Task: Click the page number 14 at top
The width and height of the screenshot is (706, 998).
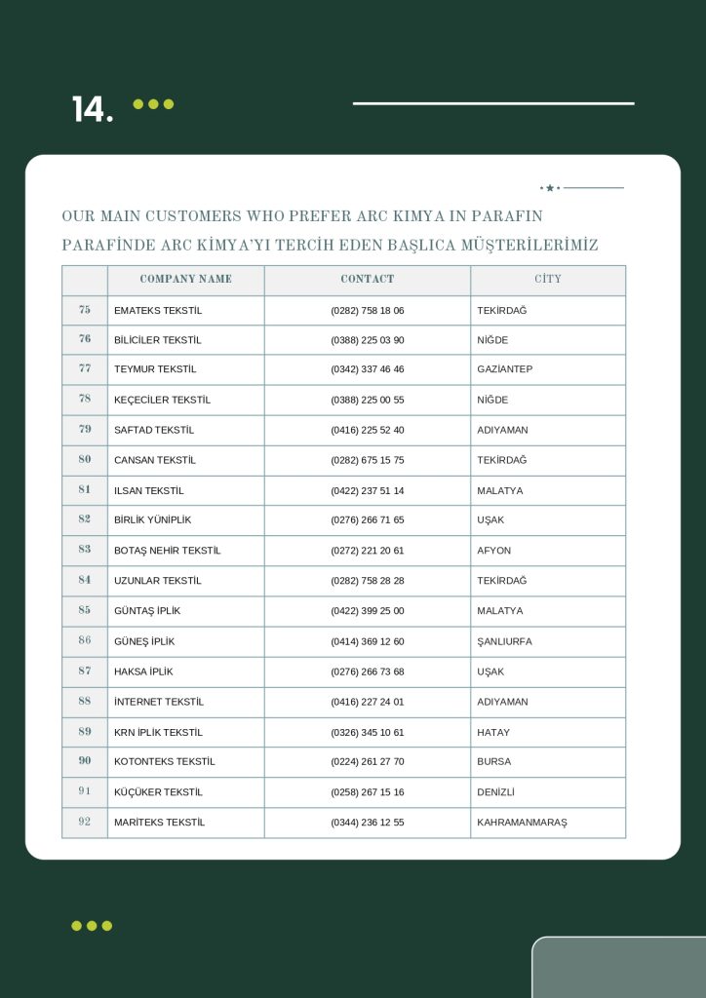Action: pyautogui.click(x=92, y=109)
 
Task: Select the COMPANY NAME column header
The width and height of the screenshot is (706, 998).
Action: pyautogui.click(x=185, y=280)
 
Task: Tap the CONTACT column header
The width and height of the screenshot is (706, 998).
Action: pyautogui.click(x=367, y=280)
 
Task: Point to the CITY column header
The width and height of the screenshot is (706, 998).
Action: pyautogui.click(x=547, y=280)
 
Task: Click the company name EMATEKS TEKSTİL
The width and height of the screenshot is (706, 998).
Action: pyautogui.click(x=158, y=310)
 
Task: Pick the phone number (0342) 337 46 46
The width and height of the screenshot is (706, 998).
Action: pyautogui.click(x=367, y=369)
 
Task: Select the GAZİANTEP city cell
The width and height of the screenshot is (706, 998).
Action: pyautogui.click(x=504, y=369)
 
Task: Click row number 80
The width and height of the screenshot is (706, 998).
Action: pyautogui.click(x=85, y=460)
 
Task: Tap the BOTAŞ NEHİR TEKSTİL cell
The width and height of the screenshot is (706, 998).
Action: pyautogui.click(x=167, y=551)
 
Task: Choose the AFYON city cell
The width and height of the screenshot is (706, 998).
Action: pyautogui.click(x=493, y=551)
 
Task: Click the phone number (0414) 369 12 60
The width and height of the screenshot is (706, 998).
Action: pyautogui.click(x=367, y=641)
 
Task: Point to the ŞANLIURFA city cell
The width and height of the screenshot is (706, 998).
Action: pyautogui.click(x=504, y=641)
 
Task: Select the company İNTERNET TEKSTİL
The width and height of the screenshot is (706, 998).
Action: pyautogui.click(x=161, y=702)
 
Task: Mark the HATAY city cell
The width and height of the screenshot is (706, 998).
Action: pyautogui.click(x=492, y=732)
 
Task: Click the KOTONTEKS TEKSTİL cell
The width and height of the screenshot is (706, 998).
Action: pyautogui.click(x=164, y=761)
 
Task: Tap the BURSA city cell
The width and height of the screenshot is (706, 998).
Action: pyautogui.click(x=493, y=761)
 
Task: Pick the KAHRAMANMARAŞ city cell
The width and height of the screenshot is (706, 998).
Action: pyautogui.click(x=522, y=823)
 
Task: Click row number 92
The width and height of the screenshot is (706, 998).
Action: pyautogui.click(x=85, y=823)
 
